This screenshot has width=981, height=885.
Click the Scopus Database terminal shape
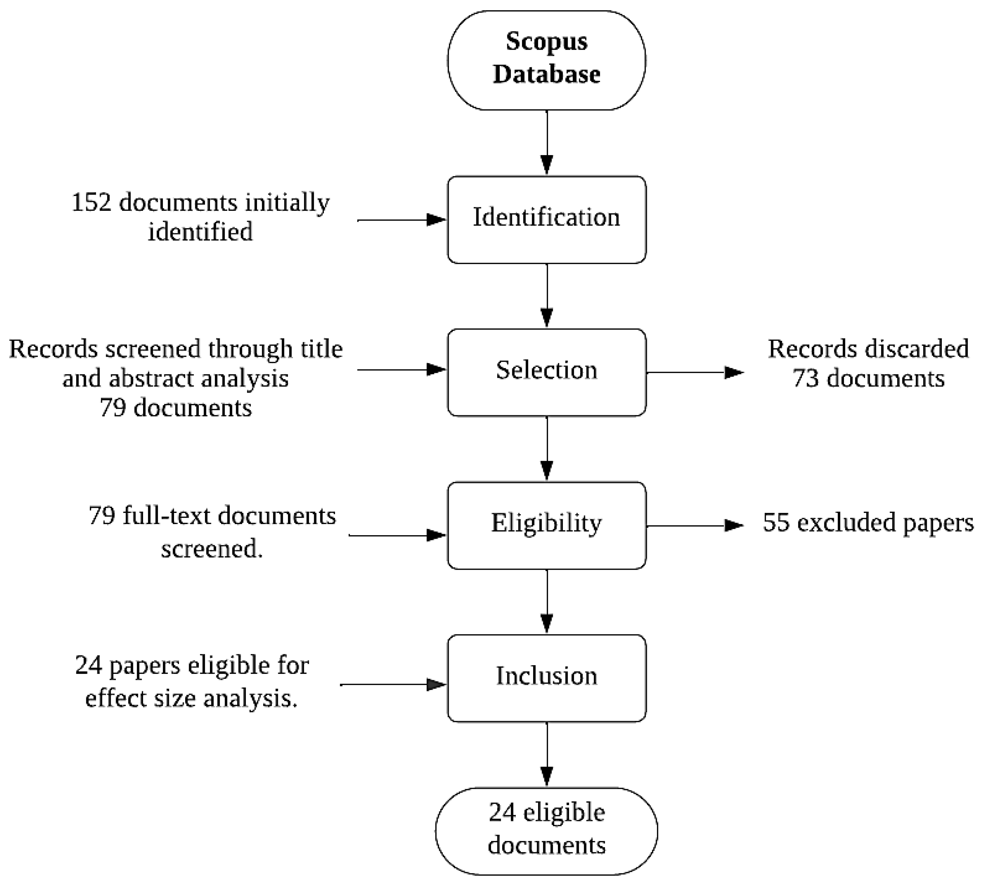tap(546, 60)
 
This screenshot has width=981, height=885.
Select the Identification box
tap(546, 219)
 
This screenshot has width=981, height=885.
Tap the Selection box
tap(546, 372)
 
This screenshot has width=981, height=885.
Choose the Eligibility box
tap(546, 525)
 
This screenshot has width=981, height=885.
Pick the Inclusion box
tap(546, 678)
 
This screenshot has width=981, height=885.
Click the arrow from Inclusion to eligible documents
tap(547, 754)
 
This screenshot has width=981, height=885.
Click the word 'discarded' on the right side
tap(915, 349)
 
